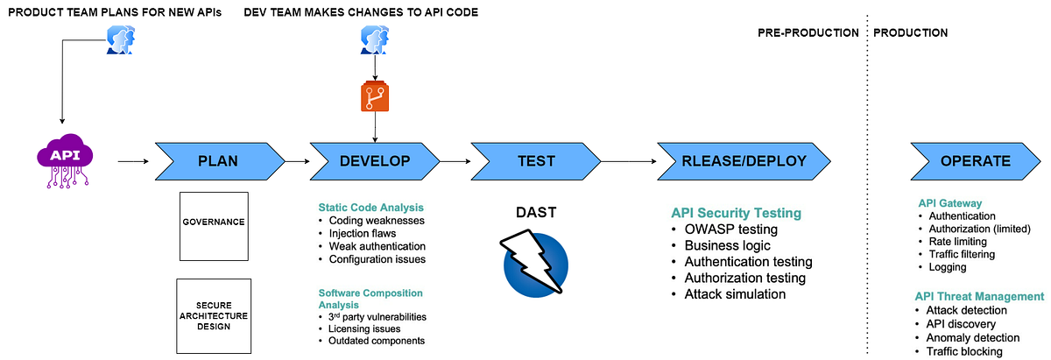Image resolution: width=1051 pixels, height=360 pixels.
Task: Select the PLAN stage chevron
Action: pos(219,161)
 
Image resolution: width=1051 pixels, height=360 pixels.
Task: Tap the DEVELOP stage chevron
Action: pos(375,161)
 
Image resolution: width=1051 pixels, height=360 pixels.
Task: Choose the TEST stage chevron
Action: pos(535,161)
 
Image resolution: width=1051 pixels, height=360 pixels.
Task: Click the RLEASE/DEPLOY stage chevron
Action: pos(743,161)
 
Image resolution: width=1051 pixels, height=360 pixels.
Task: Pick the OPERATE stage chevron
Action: pos(975,161)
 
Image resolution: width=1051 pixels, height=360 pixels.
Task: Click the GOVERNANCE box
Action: pos(214,222)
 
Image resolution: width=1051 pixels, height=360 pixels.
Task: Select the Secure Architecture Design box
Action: pos(214,314)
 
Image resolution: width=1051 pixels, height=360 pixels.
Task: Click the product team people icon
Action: pos(120,40)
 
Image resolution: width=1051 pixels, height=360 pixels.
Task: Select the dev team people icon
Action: pos(375,40)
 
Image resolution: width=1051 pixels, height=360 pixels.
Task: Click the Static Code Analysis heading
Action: pos(370,208)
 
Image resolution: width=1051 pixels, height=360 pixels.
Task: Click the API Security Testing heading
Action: pos(736,213)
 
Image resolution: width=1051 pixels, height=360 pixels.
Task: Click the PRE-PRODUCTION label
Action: pos(808,32)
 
